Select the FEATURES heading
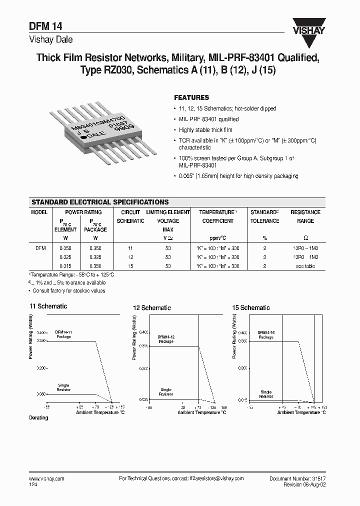click(x=191, y=97)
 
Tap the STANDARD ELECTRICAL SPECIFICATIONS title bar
click(x=100, y=202)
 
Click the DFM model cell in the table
click(x=40, y=247)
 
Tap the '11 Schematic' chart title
click(x=48, y=306)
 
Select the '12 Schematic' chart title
click(x=151, y=308)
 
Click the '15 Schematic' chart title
click(x=251, y=308)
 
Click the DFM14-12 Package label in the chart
click(x=166, y=339)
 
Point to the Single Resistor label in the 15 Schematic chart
click(x=266, y=394)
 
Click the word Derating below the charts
click(x=38, y=417)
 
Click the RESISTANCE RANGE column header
click(x=305, y=216)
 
